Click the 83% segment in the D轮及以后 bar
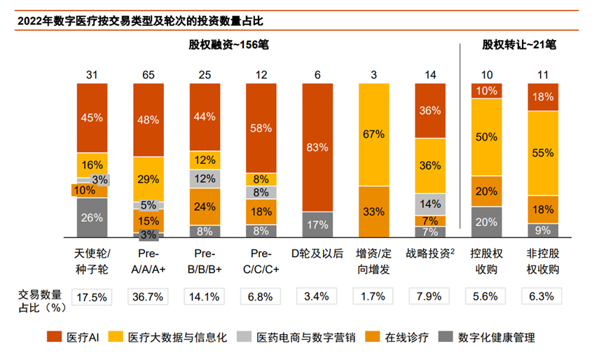[317, 147]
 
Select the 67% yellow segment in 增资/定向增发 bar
[373, 134]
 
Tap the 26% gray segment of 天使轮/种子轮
[92, 218]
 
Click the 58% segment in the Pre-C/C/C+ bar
[261, 128]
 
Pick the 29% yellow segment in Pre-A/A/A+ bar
[149, 179]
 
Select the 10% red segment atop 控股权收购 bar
[486, 90]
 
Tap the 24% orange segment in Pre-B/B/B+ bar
[205, 207]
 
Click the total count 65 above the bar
[149, 75]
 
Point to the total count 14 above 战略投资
[429, 75]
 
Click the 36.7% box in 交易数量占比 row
[149, 296]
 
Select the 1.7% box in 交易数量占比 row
[373, 296]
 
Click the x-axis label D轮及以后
[317, 253]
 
